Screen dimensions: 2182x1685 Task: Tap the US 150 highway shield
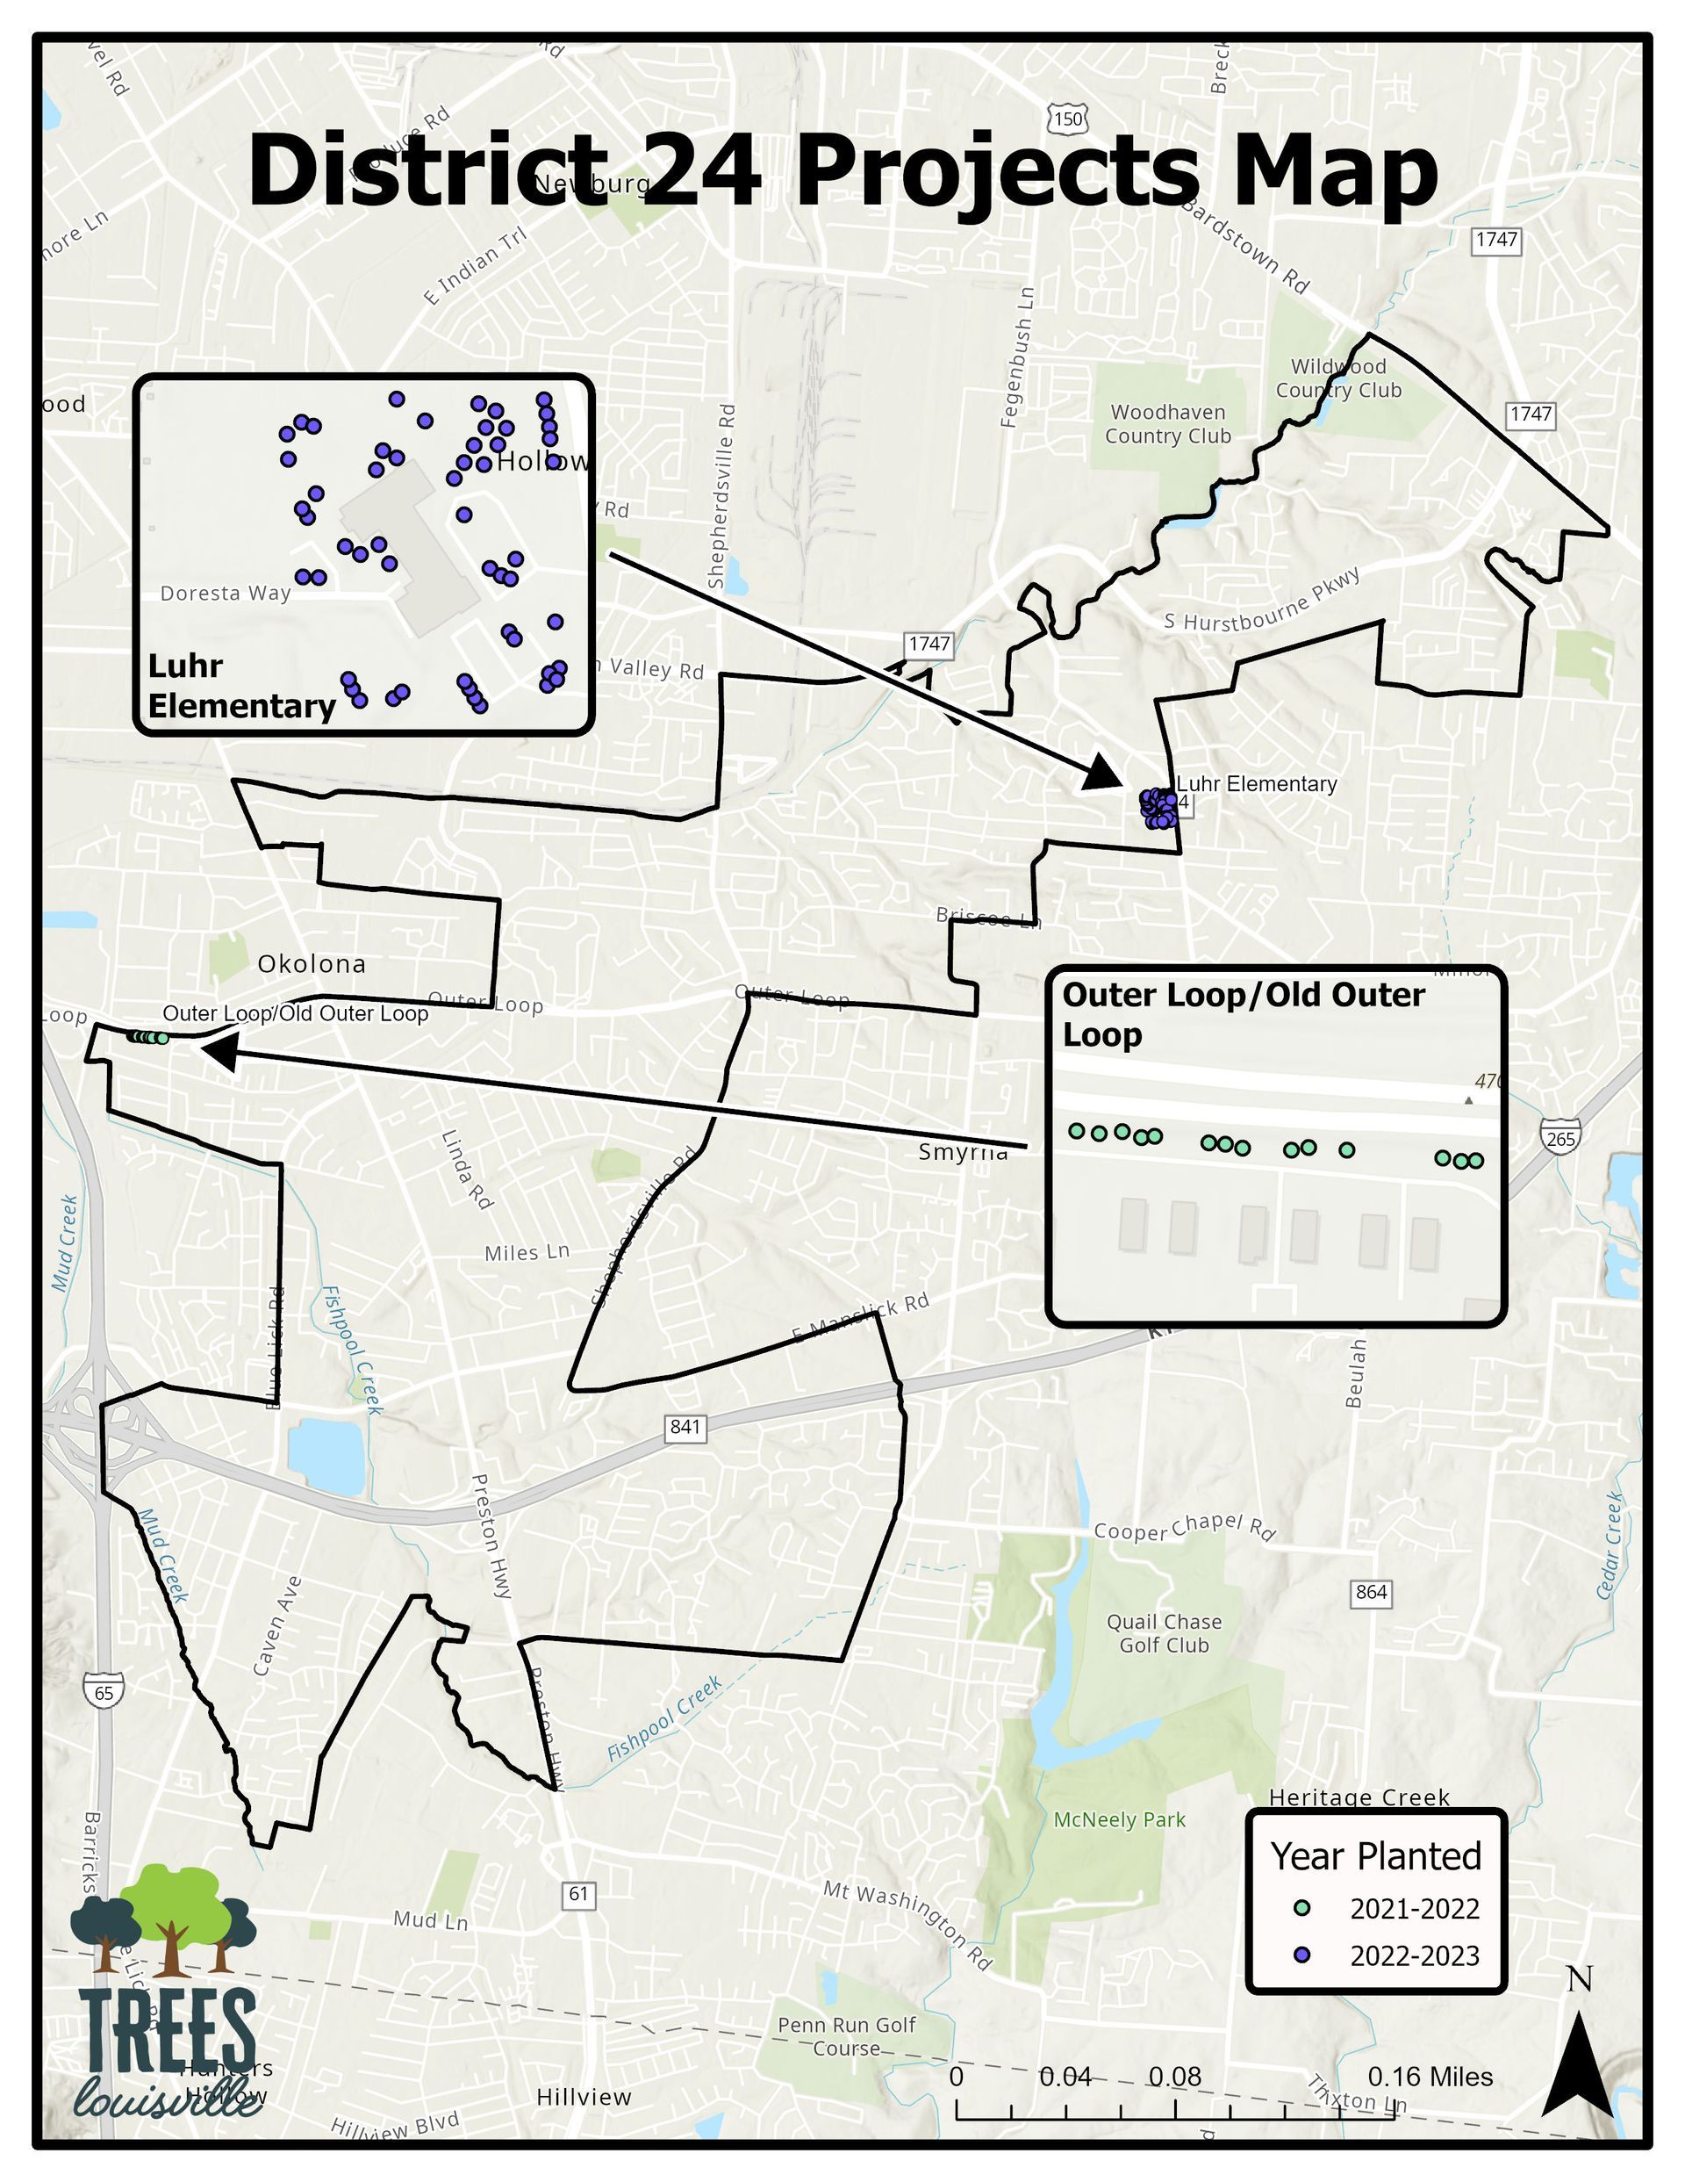point(1067,119)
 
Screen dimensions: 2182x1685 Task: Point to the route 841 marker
point(685,1427)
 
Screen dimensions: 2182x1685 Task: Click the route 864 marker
point(1370,1593)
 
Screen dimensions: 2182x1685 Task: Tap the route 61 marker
point(579,1893)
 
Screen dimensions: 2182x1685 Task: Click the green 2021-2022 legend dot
point(1301,1908)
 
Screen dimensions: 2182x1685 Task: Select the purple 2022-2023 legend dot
point(1301,1955)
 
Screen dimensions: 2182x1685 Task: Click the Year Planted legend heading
point(1375,1856)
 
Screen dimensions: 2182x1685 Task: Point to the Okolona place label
point(312,964)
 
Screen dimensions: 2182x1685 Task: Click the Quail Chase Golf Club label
point(1164,1633)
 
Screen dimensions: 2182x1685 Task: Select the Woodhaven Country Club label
point(1166,423)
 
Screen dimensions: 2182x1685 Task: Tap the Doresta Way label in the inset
point(226,594)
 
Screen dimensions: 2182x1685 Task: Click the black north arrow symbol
point(1577,2067)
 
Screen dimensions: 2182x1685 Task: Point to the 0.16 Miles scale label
point(1430,2078)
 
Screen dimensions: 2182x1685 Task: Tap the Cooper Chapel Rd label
point(1184,1528)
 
